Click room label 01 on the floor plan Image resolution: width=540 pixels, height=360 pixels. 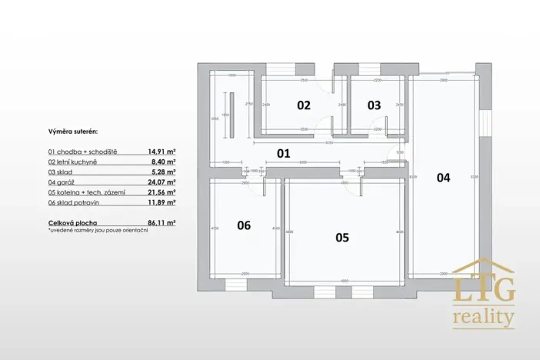click(283, 153)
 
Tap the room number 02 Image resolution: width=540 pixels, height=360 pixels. click(304, 105)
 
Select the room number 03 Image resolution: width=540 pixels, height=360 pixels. click(374, 105)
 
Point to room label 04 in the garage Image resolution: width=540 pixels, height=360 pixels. click(443, 177)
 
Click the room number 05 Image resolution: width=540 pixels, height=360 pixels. click(342, 238)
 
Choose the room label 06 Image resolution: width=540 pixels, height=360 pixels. click(244, 225)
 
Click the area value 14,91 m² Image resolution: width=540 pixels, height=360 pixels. click(162, 152)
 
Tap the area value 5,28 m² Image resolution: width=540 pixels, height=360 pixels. click(164, 172)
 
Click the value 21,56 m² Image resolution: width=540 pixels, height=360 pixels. click(162, 192)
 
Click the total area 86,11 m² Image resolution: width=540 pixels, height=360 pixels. click(162, 222)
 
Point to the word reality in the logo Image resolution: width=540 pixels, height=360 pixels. click(483, 315)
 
